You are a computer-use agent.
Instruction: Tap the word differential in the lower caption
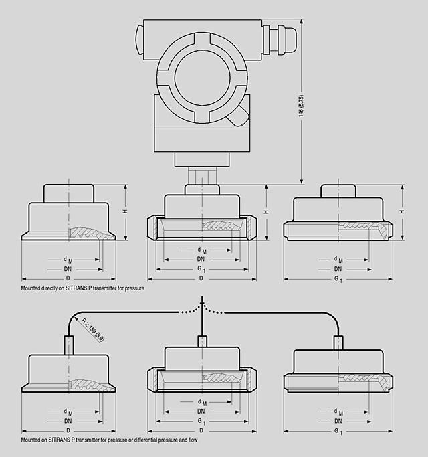click(x=138, y=440)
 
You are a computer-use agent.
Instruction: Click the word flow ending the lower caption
click(x=193, y=440)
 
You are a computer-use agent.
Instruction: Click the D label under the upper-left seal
click(x=68, y=277)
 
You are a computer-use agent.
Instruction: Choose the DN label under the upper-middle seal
click(x=201, y=259)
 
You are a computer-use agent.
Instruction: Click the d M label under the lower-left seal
click(x=68, y=412)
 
